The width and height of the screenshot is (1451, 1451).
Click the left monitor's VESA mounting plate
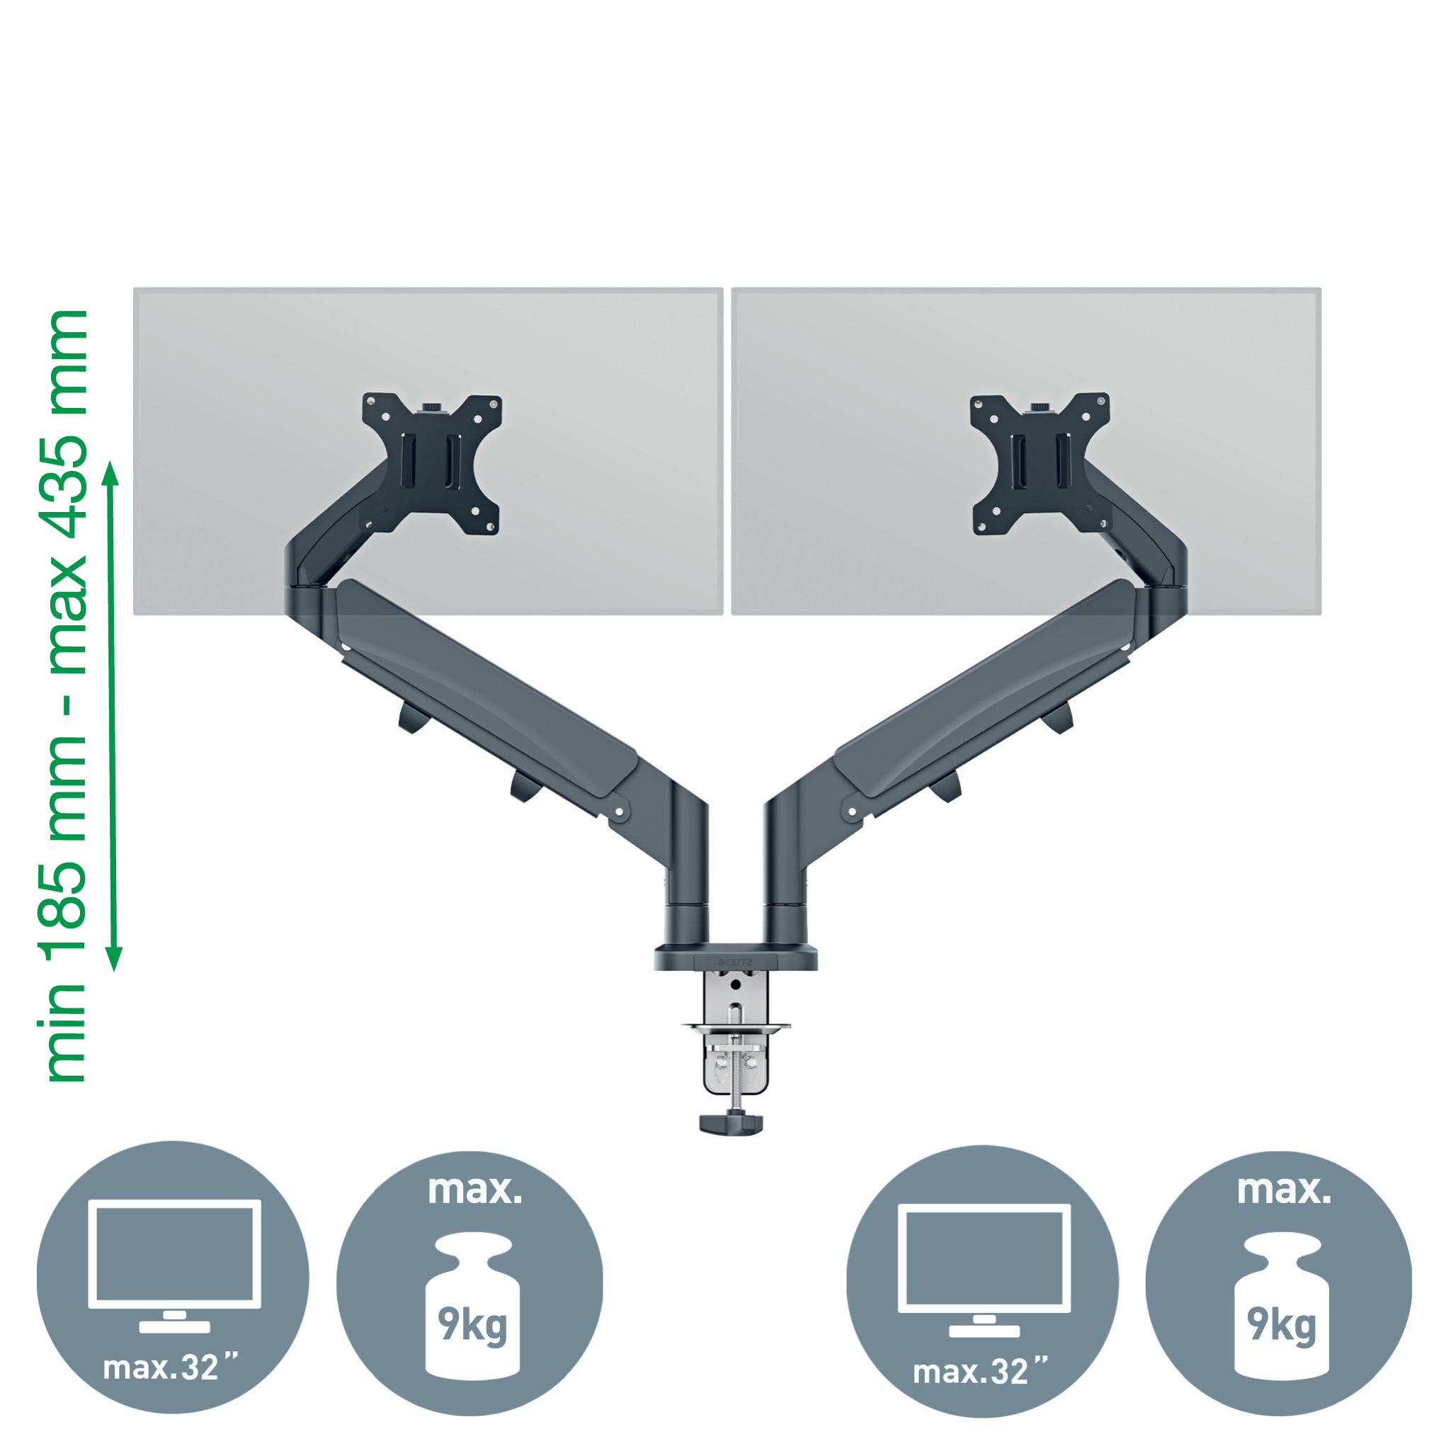432,463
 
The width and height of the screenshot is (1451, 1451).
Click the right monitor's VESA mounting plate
1040,463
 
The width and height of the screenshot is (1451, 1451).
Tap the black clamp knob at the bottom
731,1125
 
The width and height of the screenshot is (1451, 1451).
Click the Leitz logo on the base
736,962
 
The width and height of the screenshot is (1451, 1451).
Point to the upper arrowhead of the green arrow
110,472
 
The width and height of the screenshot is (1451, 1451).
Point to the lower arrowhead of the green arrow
113,959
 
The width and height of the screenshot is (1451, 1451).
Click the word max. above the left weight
474,1190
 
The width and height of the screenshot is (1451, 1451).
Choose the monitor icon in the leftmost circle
174,1266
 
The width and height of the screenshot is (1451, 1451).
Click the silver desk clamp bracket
735,1034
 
